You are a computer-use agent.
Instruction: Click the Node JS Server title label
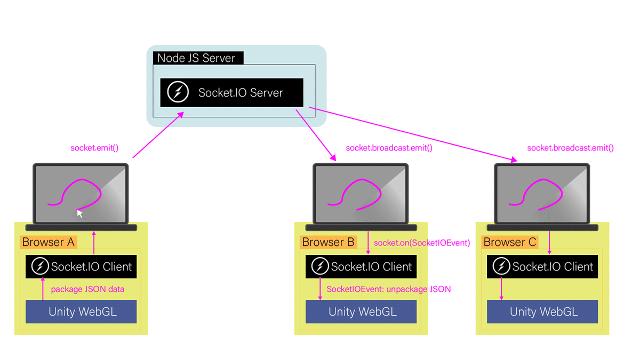pos(197,58)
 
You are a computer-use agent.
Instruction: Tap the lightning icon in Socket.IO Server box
pos(178,92)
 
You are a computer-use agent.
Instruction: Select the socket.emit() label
pos(95,148)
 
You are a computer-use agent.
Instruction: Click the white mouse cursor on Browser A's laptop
pos(80,213)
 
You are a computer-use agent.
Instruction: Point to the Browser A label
pos(48,242)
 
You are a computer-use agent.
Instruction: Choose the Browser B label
pos(328,242)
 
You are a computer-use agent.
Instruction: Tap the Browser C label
pos(509,242)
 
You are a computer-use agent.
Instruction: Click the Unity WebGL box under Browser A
pos(81,311)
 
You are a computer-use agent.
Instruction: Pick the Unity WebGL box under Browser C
pos(542,311)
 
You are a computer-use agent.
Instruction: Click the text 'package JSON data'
pos(87,290)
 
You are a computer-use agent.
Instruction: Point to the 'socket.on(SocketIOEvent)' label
pos(421,243)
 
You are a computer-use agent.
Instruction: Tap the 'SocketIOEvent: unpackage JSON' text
pos(388,290)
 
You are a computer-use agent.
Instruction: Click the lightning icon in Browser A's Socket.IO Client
pos(39,266)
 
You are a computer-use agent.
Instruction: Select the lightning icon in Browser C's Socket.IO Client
pos(501,266)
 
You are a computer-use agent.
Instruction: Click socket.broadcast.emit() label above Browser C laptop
pos(570,148)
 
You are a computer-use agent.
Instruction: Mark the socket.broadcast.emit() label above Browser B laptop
pos(389,148)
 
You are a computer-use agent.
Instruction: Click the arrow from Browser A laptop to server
pos(158,135)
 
